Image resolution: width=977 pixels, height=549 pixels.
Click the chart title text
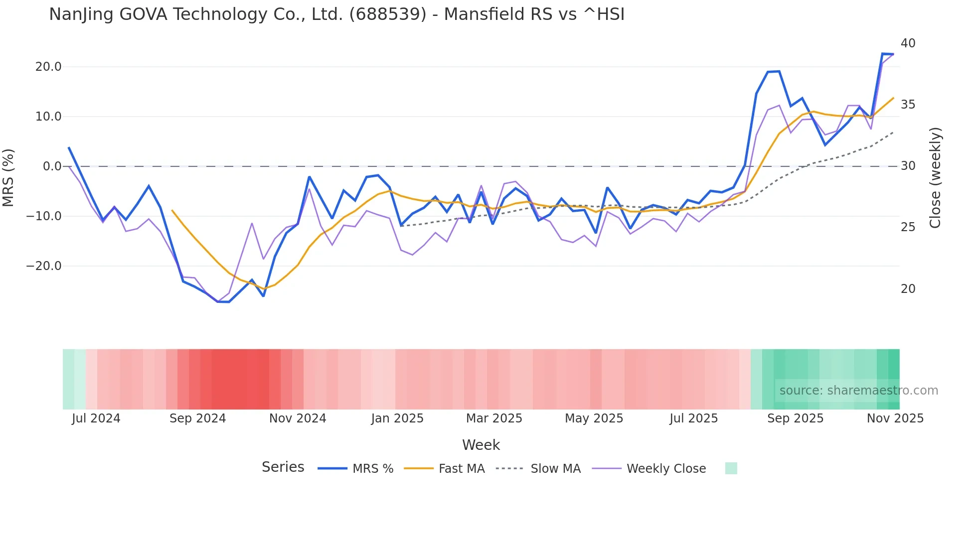tap(336, 14)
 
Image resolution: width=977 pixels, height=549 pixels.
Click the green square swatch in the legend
tap(731, 468)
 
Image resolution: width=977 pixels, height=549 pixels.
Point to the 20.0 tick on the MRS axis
tap(48, 67)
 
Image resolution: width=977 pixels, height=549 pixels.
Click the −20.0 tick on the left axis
tap(44, 266)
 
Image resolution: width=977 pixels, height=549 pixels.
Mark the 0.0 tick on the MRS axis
tap(52, 166)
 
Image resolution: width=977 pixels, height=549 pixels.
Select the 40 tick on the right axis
tap(908, 43)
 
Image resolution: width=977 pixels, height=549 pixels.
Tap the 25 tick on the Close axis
tap(908, 227)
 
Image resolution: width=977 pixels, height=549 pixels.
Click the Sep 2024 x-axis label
tap(197, 418)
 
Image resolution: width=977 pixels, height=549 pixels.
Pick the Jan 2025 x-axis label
tap(397, 418)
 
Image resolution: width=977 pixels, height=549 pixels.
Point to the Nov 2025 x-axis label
tap(895, 418)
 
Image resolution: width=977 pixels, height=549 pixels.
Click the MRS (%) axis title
tap(8, 177)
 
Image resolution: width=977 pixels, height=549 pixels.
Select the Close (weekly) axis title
tap(935, 178)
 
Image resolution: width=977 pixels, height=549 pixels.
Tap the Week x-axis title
tap(481, 445)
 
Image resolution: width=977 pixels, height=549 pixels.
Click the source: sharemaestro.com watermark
tap(858, 391)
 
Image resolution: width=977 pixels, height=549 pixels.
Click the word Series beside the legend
tap(283, 467)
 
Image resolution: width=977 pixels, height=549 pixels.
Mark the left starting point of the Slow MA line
tap(401, 226)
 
